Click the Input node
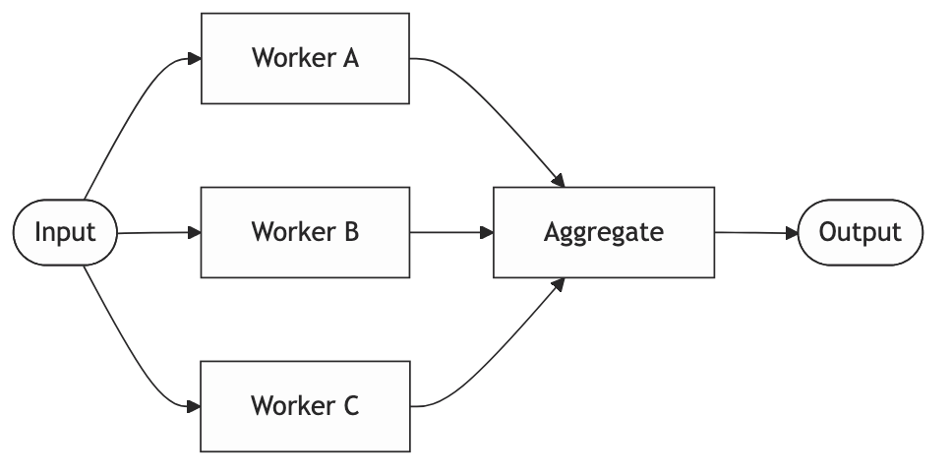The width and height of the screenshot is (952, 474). tap(65, 233)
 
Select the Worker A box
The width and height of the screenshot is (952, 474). tap(305, 58)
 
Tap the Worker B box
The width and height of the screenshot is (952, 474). tap(305, 233)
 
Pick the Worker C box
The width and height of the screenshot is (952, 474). tap(305, 405)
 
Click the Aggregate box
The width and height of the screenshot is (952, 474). tap(603, 233)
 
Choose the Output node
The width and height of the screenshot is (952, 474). tap(860, 233)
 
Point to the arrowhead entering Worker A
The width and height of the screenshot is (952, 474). tap(195, 59)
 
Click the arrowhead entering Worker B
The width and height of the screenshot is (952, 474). tap(195, 233)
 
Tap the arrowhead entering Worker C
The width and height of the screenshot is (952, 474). tap(195, 405)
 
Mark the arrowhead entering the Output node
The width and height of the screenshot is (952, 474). tap(791, 233)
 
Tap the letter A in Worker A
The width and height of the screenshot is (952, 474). tap(350, 58)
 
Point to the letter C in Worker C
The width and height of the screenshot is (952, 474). tap(350, 405)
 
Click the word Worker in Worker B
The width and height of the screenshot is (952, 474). tap(292, 233)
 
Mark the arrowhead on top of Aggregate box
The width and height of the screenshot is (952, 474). tap(559, 181)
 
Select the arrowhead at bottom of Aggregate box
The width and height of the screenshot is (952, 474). tap(559, 285)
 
